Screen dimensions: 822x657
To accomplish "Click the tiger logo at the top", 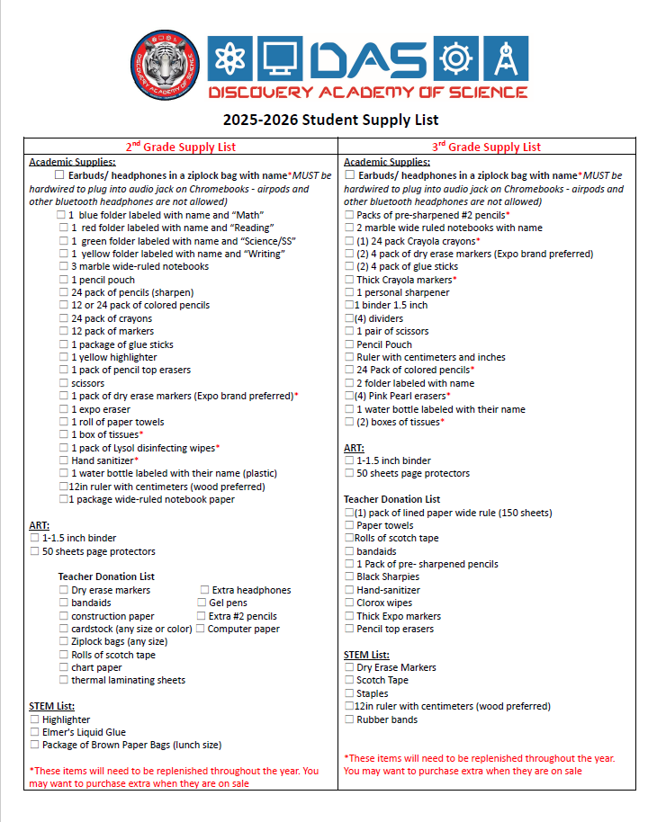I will tap(165, 67).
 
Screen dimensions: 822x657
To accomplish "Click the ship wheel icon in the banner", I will tap(454, 59).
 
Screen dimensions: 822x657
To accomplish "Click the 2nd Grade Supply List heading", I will tap(181, 147).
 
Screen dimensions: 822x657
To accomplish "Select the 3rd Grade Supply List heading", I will tap(487, 147).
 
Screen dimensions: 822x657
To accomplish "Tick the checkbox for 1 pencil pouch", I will tap(64, 280).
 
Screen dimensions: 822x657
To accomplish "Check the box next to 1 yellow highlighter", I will tap(64, 357).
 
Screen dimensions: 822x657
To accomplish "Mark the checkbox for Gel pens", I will tap(202, 603).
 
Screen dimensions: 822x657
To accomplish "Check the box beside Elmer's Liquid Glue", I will tap(34, 732).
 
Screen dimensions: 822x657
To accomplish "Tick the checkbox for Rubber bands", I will tap(349, 719).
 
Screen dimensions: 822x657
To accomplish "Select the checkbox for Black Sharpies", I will tap(349, 577).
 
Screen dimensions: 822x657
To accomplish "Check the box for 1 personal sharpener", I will tap(349, 292).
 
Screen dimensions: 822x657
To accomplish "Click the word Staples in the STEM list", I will tap(373, 693).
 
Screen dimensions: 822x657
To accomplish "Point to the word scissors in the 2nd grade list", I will tap(87, 383).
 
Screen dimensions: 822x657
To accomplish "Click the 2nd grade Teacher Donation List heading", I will tap(106, 576).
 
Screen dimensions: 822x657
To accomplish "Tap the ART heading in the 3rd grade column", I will tap(354, 447).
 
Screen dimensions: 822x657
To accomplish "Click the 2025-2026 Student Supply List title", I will tap(330, 120).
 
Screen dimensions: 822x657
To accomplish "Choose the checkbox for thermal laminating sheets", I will tap(64, 681).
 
